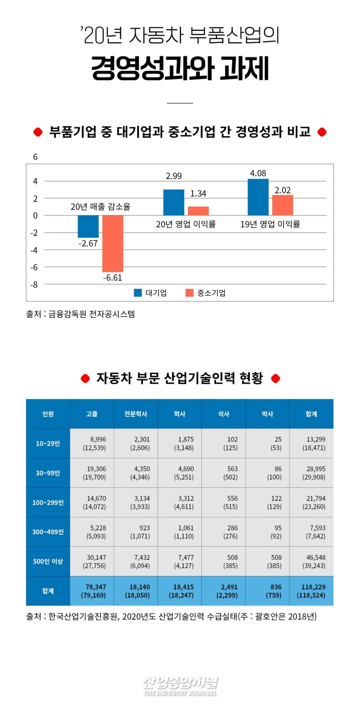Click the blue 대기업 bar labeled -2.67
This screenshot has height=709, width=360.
pyautogui.click(x=88, y=226)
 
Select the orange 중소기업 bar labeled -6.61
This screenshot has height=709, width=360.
pyautogui.click(x=113, y=243)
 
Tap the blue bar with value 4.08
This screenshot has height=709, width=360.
pyautogui.click(x=258, y=197)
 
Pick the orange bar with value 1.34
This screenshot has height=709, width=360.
pyautogui.click(x=198, y=211)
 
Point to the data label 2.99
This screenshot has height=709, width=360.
pyautogui.click(x=174, y=176)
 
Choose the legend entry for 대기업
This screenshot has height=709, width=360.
pyautogui.click(x=151, y=293)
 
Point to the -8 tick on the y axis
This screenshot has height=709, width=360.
pyautogui.click(x=34, y=284)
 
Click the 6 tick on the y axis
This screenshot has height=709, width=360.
pyautogui.click(x=35, y=157)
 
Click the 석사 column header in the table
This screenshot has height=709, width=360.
pyautogui.click(x=223, y=414)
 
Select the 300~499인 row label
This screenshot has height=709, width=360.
pyautogui.click(x=48, y=532)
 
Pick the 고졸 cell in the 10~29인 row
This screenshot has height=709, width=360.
pyautogui.click(x=92, y=443)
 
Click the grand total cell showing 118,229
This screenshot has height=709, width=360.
pyautogui.click(x=311, y=591)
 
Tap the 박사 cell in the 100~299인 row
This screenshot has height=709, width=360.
pyautogui.click(x=267, y=502)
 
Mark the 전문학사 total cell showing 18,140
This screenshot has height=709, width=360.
pyautogui.click(x=136, y=591)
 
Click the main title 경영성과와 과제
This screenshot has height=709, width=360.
pyautogui.click(x=180, y=69)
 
